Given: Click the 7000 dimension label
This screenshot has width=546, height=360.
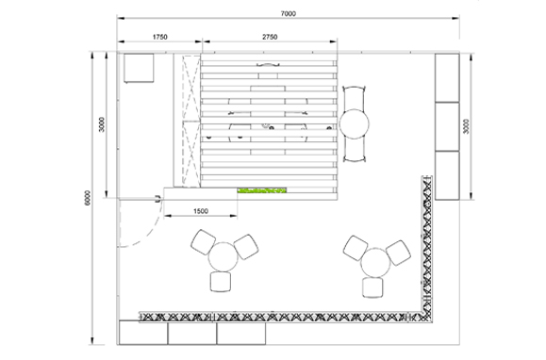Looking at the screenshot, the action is [289, 14].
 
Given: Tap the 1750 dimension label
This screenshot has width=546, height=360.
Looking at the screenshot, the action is [159, 37].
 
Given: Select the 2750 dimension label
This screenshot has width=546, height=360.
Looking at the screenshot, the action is [270, 37].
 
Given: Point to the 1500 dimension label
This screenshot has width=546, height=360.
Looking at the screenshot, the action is [201, 211].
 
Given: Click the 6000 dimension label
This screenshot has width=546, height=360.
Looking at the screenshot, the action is [88, 198].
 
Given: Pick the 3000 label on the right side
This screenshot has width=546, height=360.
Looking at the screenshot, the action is [466, 126].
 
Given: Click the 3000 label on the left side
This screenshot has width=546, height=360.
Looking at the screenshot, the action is [101, 124].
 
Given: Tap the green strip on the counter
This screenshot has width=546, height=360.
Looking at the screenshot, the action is [262, 190].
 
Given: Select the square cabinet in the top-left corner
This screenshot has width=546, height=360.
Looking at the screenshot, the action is [139, 68].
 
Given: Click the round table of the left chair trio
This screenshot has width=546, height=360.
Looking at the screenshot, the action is [223, 257].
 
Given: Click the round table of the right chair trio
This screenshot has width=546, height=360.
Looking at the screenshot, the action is [375, 263].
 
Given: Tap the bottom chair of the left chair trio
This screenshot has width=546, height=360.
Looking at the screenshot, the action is [221, 282].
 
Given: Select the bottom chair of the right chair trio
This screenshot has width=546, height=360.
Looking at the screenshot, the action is [372, 287].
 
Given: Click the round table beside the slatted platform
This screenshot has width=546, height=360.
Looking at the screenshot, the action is [355, 124].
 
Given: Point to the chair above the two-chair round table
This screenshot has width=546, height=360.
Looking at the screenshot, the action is [355, 98].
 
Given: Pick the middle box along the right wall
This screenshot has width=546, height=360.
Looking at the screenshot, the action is [447, 126].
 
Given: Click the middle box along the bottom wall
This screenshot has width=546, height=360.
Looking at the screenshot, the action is [192, 334].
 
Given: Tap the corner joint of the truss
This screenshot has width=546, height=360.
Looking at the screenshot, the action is [427, 316].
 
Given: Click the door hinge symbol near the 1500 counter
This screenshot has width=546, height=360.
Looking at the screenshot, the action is [158, 199].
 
